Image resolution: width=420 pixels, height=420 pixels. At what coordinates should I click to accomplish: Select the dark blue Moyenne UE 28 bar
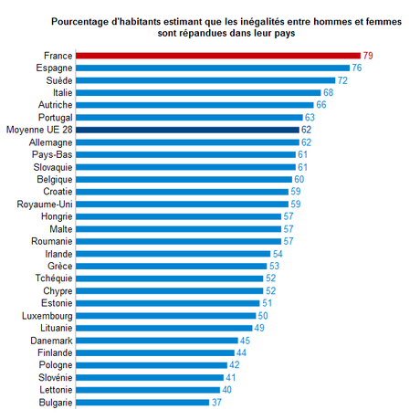coord(187,130)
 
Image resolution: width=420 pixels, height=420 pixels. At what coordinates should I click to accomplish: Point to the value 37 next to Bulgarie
coord(216,401)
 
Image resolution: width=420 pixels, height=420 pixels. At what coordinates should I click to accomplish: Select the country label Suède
coord(59,80)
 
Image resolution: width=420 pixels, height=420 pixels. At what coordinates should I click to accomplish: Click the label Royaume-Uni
coord(47,204)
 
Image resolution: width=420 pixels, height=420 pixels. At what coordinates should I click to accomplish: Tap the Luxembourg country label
coord(46,315)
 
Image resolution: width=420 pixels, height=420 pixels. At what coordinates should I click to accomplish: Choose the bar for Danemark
coord(156,340)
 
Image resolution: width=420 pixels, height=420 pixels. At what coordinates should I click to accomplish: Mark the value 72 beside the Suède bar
coord(342,80)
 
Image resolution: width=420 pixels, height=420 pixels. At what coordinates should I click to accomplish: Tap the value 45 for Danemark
coord(245,340)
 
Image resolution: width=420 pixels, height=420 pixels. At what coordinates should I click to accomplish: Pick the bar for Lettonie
coord(147,389)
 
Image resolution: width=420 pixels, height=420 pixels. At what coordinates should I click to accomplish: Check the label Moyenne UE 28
coord(38,130)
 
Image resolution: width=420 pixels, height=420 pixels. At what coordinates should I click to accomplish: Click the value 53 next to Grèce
coord(274,266)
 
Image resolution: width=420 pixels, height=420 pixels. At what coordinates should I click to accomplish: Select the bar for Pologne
coord(151,364)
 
